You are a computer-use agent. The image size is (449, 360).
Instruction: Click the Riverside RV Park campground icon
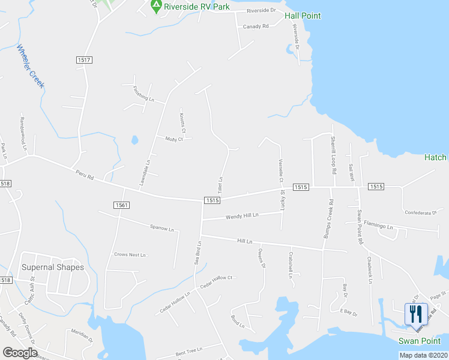156,7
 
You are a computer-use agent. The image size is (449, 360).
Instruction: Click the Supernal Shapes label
53,267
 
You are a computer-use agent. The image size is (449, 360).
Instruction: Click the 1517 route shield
84,59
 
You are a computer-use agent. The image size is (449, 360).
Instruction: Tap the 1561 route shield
121,205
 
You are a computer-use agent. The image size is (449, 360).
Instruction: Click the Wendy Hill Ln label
242,215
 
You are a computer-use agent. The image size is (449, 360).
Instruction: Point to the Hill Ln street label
244,241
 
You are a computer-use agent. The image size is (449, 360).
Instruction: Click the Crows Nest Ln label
130,255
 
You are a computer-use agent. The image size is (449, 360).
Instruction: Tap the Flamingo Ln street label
378,227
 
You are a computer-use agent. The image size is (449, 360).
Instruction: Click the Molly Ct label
173,139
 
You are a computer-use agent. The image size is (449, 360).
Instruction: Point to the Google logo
20,352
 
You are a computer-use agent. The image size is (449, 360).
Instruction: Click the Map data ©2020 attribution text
423,355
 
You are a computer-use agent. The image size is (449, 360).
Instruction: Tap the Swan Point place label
420,341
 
